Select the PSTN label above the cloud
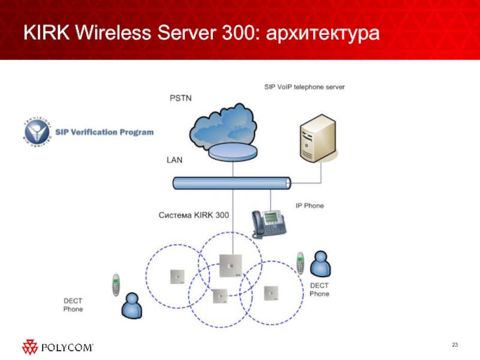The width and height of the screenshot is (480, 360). point(181,98)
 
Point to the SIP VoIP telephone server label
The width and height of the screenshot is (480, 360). point(305,87)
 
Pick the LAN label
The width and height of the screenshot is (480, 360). point(175,160)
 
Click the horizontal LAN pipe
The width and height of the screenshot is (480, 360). point(232,183)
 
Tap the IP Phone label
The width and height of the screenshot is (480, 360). point(310,206)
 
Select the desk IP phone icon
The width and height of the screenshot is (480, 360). point(269,223)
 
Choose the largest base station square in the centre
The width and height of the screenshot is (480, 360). point(231,266)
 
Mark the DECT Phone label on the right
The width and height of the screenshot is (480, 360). point(319,290)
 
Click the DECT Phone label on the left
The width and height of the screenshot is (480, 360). point(73,305)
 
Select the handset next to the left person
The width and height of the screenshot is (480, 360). point(116,285)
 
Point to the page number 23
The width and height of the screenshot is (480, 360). point(454,344)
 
